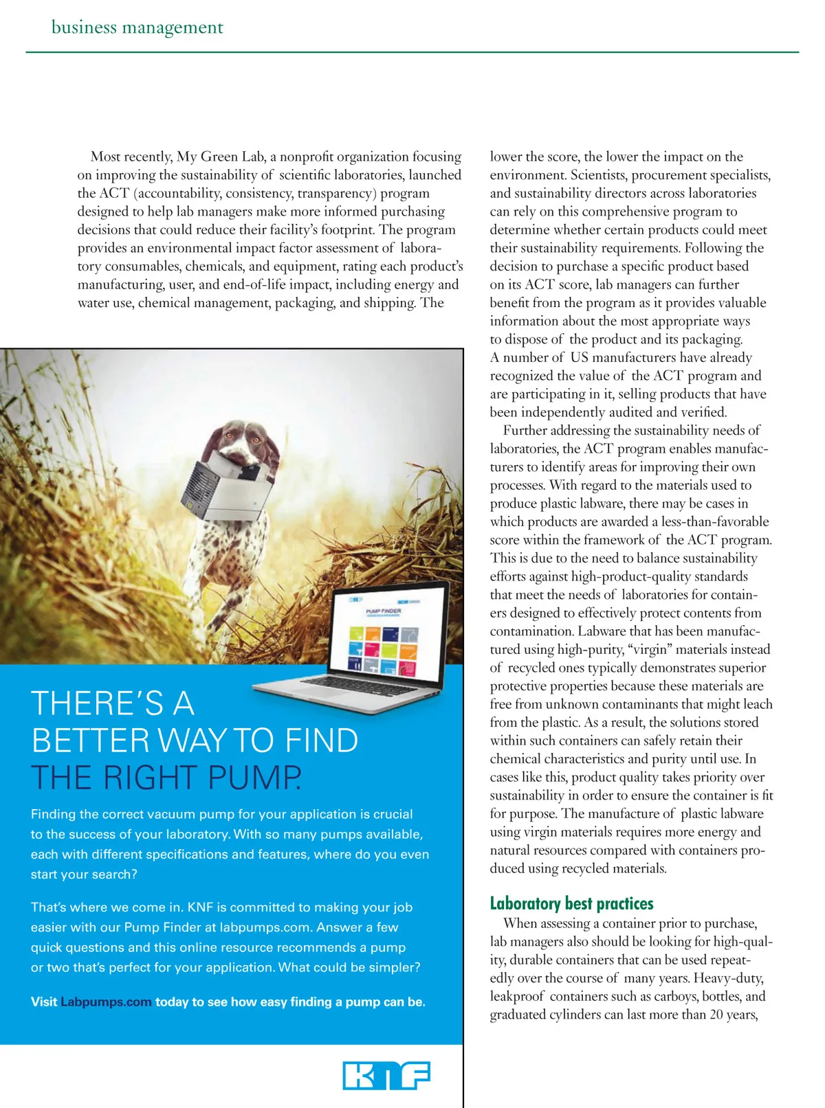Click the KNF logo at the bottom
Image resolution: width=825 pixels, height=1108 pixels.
386,1075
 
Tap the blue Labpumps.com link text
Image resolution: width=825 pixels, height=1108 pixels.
106,1002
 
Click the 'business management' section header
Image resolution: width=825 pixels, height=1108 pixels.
137,27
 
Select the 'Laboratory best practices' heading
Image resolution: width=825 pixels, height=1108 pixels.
571,903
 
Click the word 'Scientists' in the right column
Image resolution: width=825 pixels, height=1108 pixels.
597,175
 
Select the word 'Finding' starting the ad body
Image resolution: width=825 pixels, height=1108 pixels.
54,815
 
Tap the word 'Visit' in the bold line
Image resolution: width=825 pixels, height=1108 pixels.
44,1002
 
